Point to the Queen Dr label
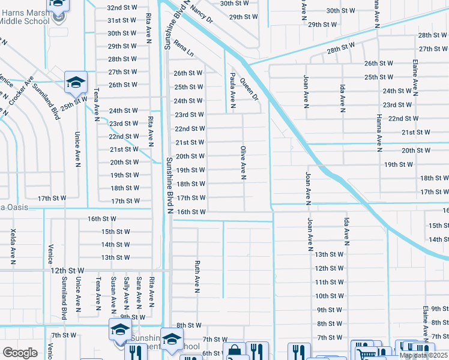click(x=249, y=88)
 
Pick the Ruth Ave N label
click(x=197, y=276)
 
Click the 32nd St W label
click(x=122, y=7)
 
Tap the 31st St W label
click(x=122, y=20)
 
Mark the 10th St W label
click(x=330, y=296)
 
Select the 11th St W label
click(x=330, y=282)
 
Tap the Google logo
click(x=20, y=353)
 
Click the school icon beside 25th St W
click(x=76, y=83)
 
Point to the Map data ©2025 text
click(x=424, y=355)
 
